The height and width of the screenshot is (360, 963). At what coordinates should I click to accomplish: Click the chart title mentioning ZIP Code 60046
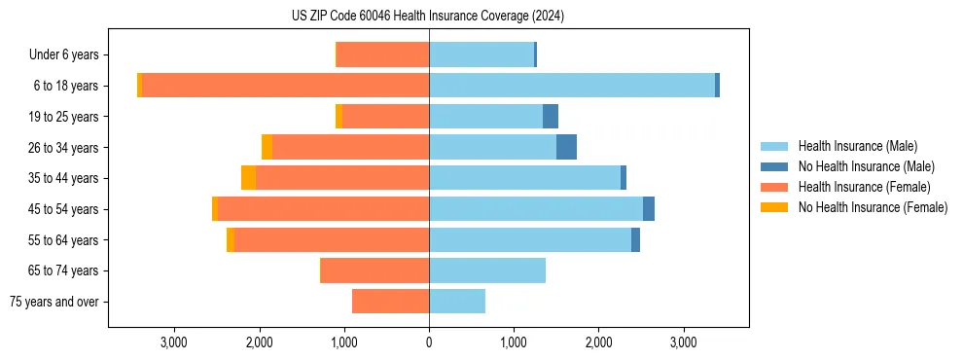[x=428, y=16]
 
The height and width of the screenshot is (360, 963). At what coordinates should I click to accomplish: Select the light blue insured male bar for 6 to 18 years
[x=572, y=86]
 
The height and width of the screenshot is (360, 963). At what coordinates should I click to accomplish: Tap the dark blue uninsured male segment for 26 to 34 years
[x=566, y=147]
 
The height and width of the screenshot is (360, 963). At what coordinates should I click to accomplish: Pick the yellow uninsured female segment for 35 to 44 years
[x=248, y=178]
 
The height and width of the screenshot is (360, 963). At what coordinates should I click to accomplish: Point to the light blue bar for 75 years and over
[x=457, y=302]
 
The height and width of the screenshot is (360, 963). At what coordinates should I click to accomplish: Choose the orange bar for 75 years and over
[x=390, y=302]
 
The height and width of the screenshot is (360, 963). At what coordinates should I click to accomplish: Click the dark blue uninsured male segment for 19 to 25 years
[x=551, y=117]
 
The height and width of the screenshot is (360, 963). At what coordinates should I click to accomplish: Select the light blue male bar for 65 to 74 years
[x=487, y=270]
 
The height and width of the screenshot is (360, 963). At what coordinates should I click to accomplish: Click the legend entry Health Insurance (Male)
[x=857, y=146]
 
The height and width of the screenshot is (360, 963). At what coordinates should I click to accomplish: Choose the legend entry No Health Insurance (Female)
[x=873, y=207]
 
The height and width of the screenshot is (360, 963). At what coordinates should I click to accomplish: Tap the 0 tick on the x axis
[x=429, y=343]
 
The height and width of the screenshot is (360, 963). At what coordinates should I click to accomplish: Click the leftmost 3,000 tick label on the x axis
[x=174, y=343]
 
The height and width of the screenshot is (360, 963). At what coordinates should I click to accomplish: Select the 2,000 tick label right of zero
[x=598, y=343]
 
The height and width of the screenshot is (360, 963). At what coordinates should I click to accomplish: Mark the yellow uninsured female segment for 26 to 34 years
[x=267, y=147]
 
